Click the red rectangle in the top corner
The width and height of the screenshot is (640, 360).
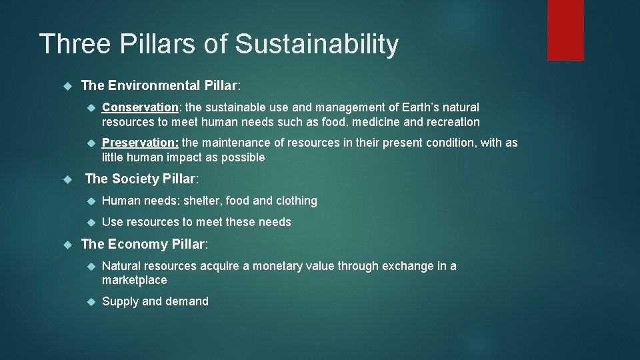(565, 30)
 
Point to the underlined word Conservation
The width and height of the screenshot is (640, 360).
(139, 107)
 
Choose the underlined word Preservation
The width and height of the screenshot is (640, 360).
(139, 143)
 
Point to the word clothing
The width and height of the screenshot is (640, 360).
(296, 201)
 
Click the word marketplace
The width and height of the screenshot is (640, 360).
(134, 281)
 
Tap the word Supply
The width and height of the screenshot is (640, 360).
(120, 301)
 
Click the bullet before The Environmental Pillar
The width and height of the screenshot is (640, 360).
(66, 86)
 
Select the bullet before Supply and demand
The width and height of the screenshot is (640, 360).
(92, 302)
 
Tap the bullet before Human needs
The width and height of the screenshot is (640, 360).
(92, 201)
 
